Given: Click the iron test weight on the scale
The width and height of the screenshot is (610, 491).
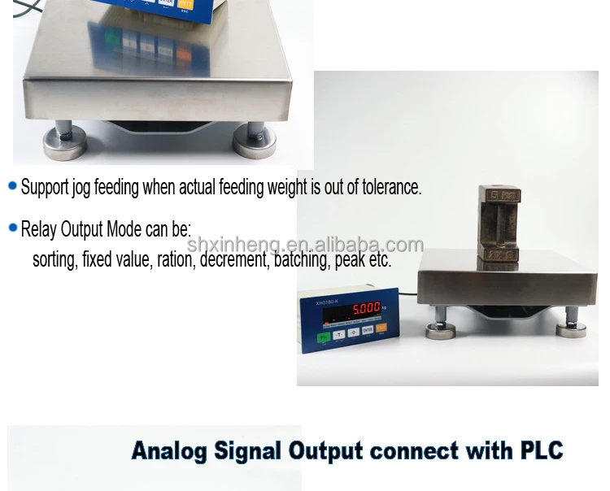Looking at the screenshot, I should [x=500, y=224].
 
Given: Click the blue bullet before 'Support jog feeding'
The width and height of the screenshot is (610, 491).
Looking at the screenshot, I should [x=12, y=186].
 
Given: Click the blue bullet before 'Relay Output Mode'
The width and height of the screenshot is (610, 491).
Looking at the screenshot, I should [x=12, y=228].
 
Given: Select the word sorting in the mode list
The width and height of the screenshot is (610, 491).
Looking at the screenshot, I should [x=54, y=260].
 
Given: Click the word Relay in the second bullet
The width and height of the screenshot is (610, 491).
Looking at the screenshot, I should [x=38, y=228].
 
